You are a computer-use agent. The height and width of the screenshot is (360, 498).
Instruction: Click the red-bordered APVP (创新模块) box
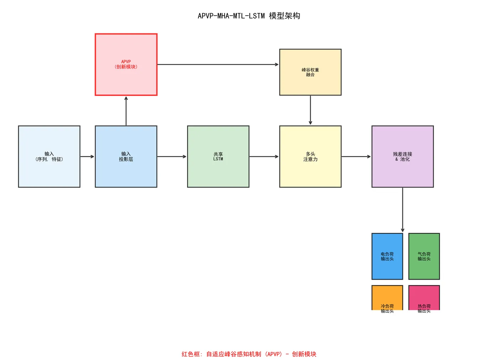click(126, 65)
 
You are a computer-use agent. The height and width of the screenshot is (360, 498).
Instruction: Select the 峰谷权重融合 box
click(310, 72)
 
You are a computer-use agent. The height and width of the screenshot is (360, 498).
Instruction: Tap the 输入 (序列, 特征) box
click(49, 156)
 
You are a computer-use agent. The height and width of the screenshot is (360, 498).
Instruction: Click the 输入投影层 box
click(126, 156)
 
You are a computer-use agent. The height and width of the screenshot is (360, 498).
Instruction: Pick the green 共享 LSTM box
click(218, 156)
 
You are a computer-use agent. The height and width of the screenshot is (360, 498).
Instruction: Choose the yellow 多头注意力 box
click(310, 156)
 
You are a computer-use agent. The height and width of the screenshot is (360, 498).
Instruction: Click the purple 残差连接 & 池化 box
click(402, 156)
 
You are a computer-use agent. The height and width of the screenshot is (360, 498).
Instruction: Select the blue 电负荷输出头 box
click(387, 256)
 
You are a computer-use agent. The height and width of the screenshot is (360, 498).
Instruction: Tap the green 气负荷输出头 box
click(424, 256)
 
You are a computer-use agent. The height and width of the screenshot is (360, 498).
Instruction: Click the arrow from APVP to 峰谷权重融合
click(218, 65)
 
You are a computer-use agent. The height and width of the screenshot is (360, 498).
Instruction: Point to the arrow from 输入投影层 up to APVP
click(126, 111)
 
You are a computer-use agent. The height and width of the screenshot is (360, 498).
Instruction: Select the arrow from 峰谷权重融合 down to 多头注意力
click(310, 110)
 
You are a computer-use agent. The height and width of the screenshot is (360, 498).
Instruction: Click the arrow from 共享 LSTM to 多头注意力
click(264, 156)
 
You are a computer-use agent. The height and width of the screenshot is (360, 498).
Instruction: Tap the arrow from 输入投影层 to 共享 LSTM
click(172, 156)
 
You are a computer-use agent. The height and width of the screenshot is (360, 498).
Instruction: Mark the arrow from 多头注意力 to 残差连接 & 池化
click(356, 156)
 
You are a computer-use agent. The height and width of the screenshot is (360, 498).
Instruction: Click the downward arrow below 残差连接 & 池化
click(402, 210)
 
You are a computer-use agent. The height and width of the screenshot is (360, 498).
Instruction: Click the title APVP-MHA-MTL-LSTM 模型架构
click(249, 16)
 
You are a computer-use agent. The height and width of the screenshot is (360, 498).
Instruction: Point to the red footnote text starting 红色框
click(249, 354)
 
